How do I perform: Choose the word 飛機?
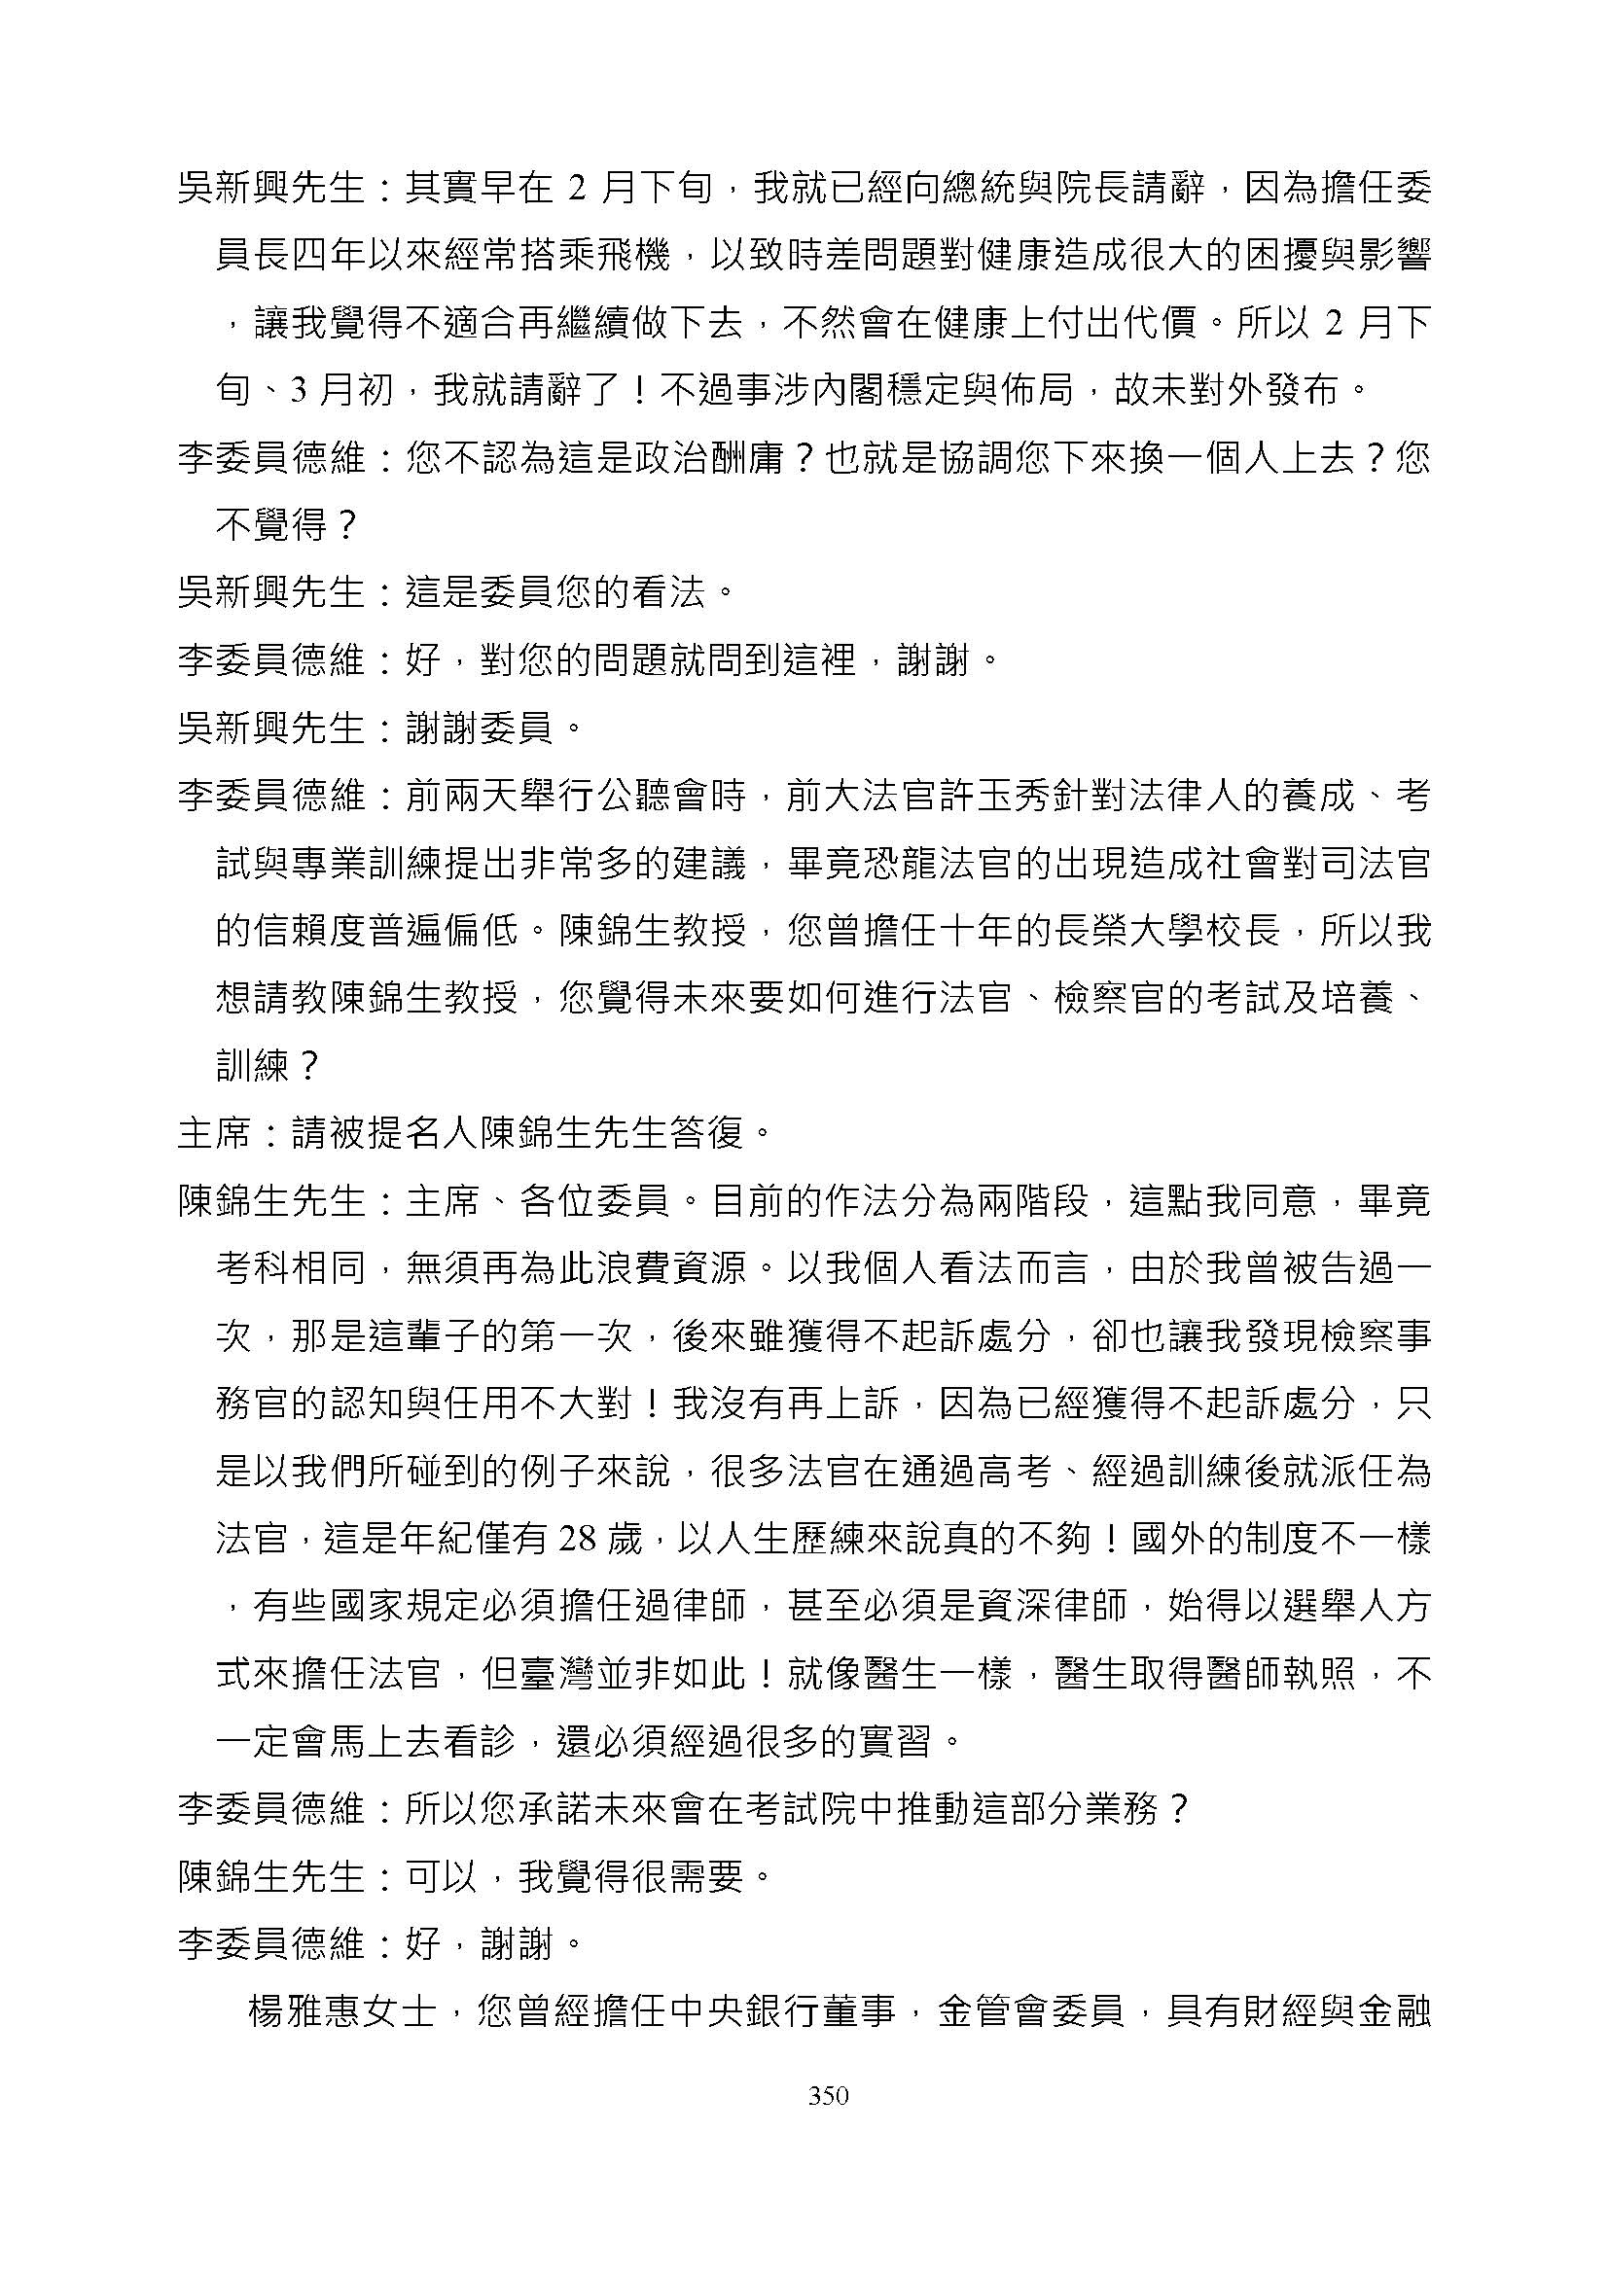633,257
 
